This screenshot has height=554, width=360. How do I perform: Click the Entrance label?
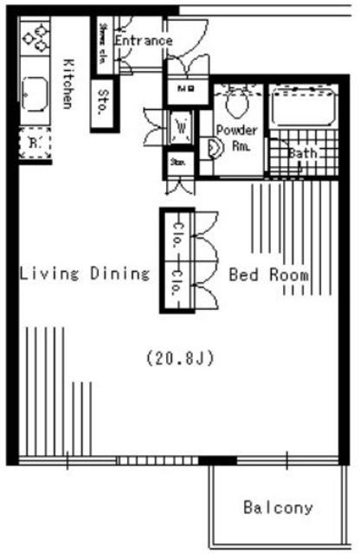click(143, 41)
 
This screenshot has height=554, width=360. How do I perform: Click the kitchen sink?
click(35, 91)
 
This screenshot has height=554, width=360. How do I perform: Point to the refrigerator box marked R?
click(35, 141)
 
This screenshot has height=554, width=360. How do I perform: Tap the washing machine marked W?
click(182, 126)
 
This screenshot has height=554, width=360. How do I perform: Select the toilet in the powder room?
click(235, 103)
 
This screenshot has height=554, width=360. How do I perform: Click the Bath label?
click(303, 154)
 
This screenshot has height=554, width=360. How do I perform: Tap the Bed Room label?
click(269, 274)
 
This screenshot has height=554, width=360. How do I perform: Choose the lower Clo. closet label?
click(174, 288)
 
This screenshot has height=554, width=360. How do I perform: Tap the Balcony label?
click(278, 507)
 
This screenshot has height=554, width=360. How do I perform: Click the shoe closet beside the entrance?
click(104, 41)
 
